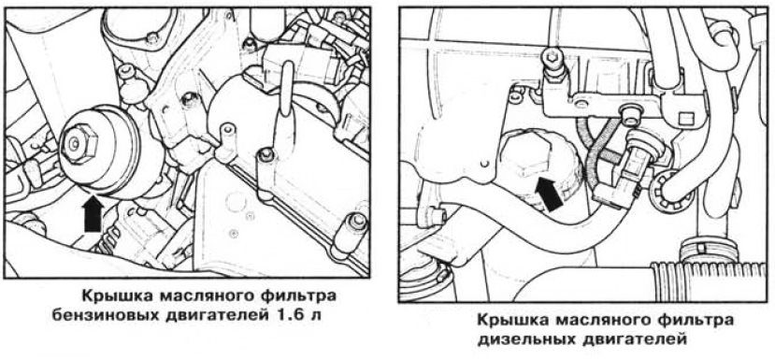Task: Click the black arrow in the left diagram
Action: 93,214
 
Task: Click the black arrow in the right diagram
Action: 549,194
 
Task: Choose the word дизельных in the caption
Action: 528,339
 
